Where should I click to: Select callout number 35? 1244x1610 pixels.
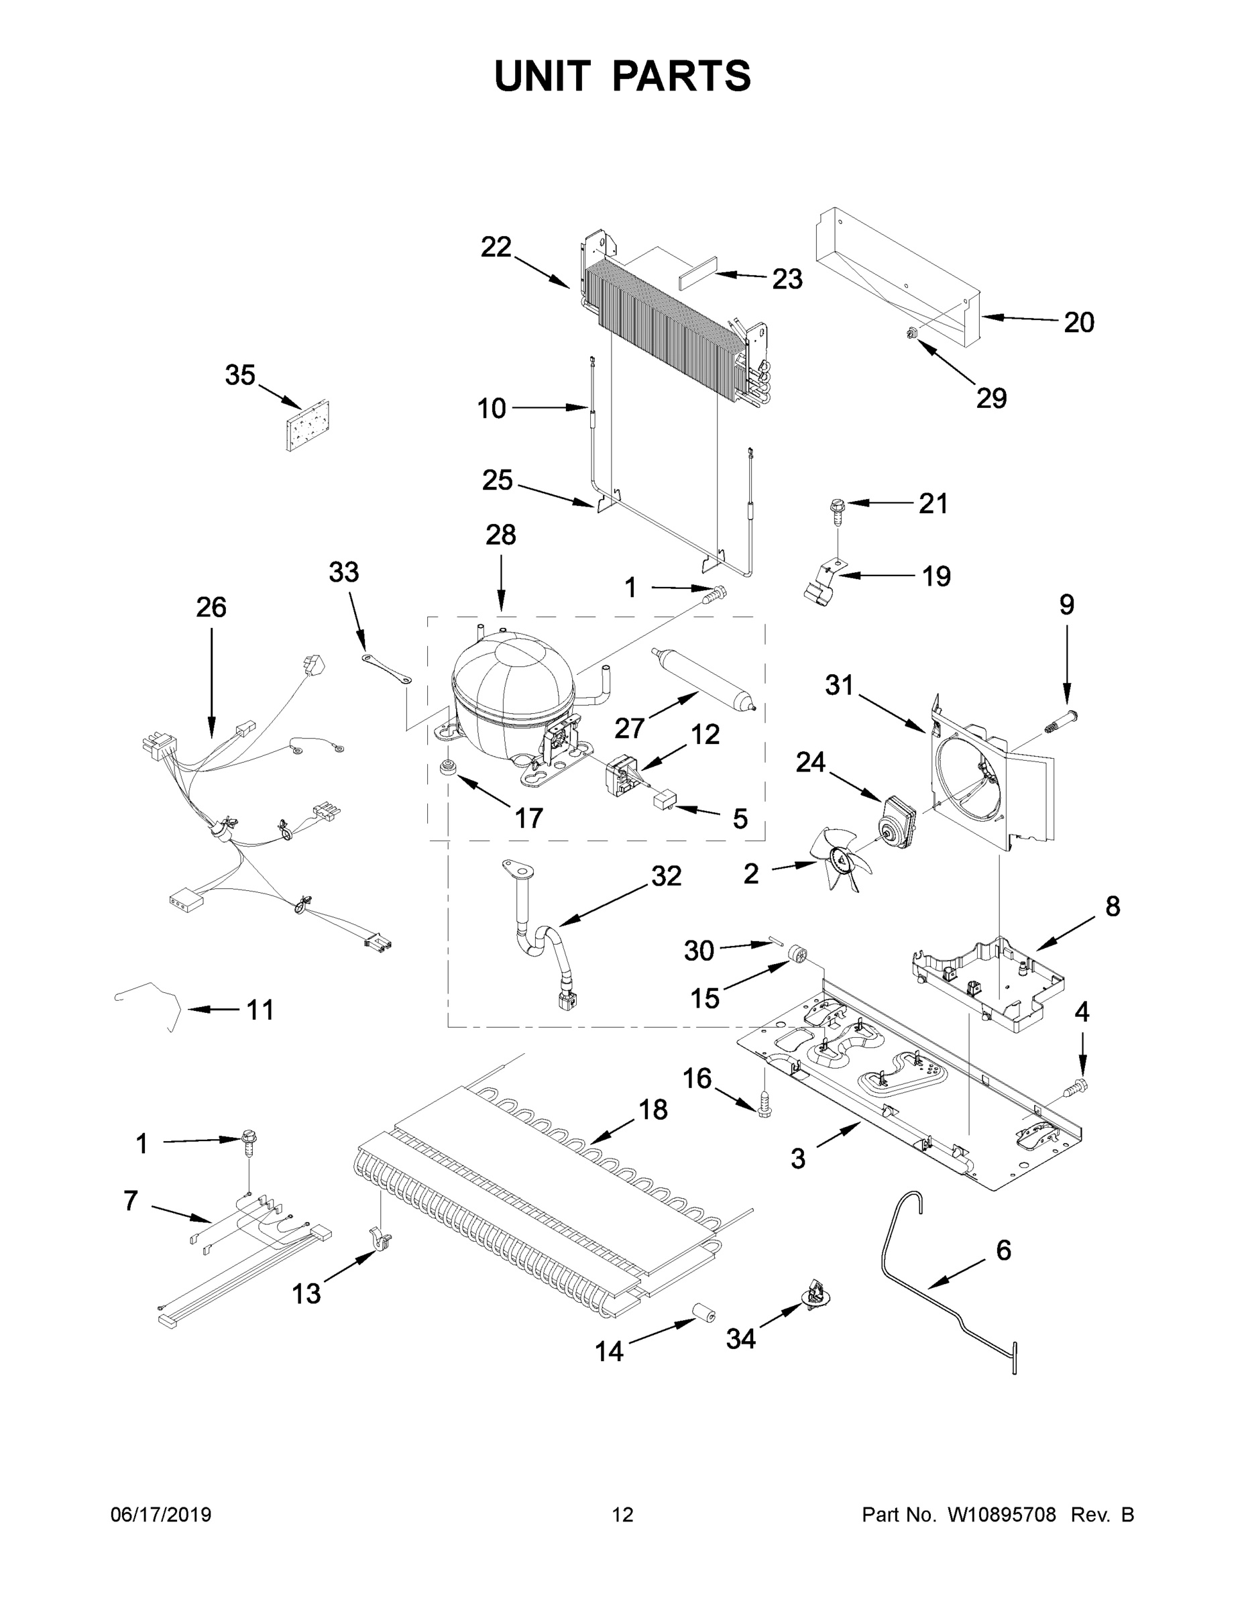(240, 375)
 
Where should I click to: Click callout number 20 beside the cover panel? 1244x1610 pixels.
(1079, 322)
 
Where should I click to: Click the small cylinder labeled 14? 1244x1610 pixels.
(703, 1313)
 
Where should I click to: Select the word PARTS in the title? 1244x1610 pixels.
(681, 76)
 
